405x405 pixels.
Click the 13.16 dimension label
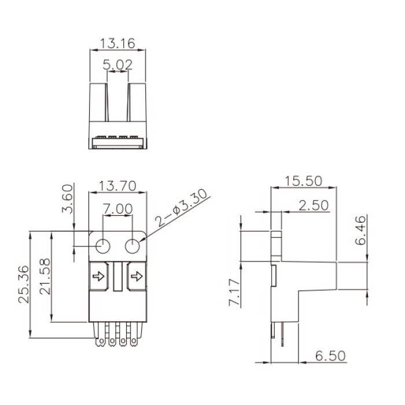(x=117, y=43)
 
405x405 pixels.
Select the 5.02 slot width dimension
(x=118, y=65)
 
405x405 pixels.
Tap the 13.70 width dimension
(x=117, y=186)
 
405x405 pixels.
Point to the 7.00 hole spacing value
(x=118, y=209)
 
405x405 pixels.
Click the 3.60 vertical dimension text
(x=68, y=198)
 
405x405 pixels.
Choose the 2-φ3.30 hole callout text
(x=181, y=208)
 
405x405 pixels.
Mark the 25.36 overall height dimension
(x=24, y=284)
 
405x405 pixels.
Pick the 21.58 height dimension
(x=45, y=277)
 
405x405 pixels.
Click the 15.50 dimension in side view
(x=304, y=181)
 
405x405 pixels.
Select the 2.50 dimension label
(x=314, y=205)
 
